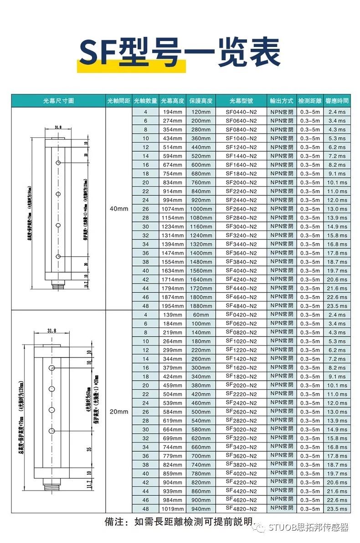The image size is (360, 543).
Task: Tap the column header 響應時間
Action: point(337,101)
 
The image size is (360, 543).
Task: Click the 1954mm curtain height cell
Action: point(172,306)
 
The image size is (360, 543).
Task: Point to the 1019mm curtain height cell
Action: point(172,509)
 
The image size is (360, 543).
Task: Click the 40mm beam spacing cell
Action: point(119,208)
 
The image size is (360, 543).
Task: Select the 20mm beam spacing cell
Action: point(119,412)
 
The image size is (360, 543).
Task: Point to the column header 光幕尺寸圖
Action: point(58,101)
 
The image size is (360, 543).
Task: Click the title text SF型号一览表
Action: point(180,54)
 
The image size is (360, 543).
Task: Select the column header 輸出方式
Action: point(281,101)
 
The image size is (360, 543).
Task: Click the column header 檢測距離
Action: point(310,101)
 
